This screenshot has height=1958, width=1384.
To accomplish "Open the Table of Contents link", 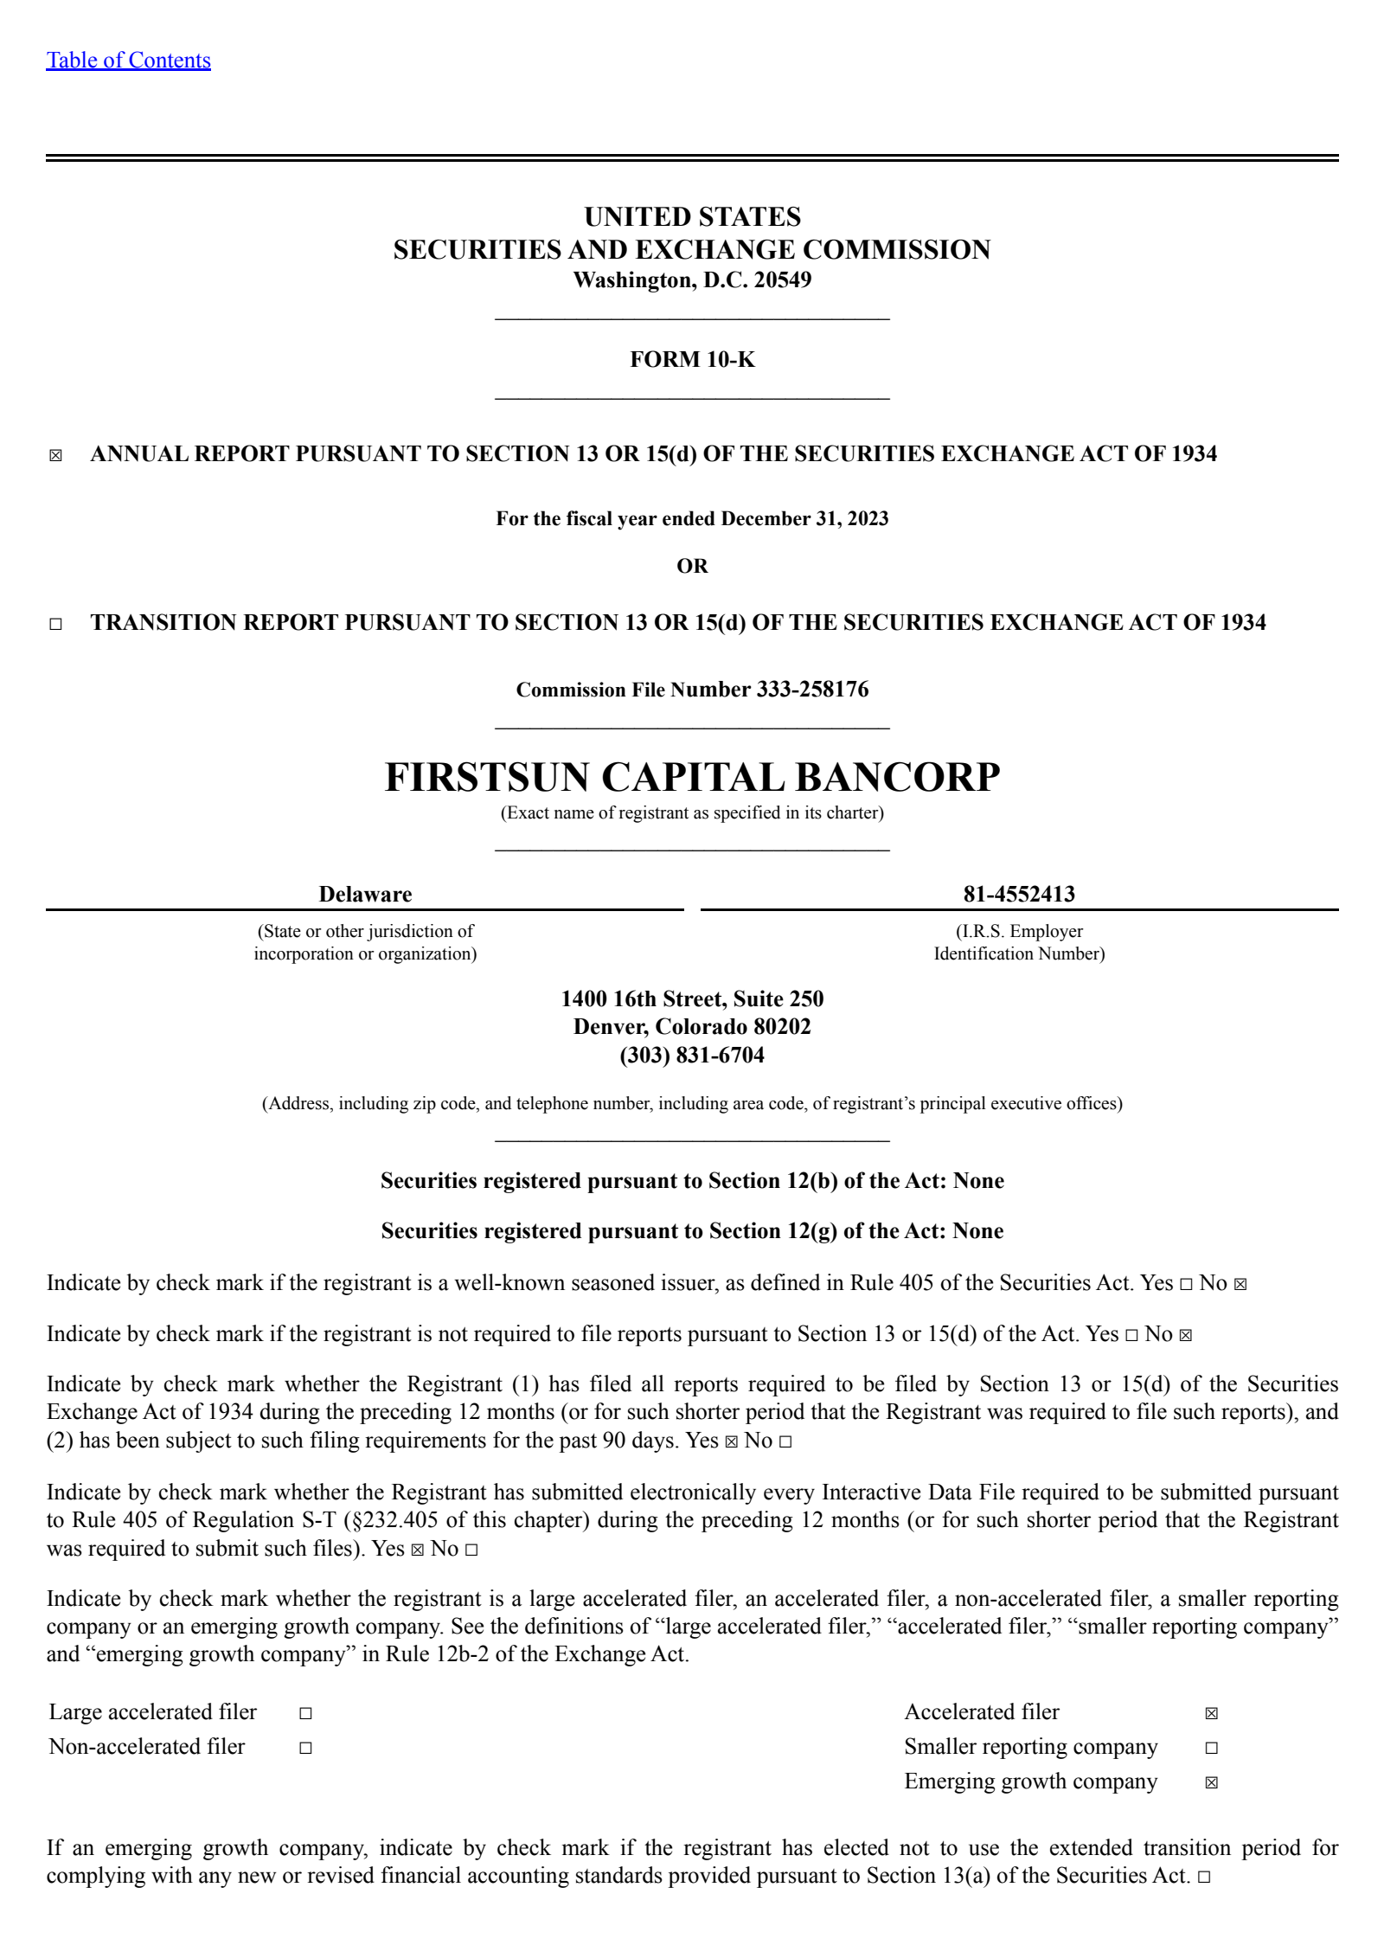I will (128, 60).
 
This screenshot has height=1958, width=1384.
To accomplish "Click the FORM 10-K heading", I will (692, 359).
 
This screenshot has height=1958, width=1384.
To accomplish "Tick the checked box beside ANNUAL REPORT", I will (56, 455).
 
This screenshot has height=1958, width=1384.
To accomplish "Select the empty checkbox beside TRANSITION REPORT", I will (56, 624).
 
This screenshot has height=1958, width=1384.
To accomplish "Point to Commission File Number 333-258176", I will (692, 690).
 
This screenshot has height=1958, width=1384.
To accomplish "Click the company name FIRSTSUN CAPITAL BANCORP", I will (692, 777).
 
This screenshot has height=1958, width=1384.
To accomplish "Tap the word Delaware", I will (365, 894).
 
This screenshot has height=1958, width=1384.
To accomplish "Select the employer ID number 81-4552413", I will (1019, 894).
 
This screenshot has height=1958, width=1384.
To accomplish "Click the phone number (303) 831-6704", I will (692, 1056).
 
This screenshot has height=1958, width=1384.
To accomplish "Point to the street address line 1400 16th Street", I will (692, 998).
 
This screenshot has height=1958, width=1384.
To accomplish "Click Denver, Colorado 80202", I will (692, 1027).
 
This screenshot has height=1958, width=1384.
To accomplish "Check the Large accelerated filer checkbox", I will (305, 1713).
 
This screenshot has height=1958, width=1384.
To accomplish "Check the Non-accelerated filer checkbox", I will (305, 1748).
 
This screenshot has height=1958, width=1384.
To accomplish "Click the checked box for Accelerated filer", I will (1211, 1713).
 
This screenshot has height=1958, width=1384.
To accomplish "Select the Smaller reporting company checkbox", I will (1211, 1748).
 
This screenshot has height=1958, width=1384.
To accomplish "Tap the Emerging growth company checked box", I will (1211, 1782).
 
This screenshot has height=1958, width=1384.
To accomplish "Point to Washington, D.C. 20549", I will (692, 279).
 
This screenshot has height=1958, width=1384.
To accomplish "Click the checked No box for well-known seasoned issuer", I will (1240, 1284).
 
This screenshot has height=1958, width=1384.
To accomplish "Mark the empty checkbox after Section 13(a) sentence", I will (1204, 1877).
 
